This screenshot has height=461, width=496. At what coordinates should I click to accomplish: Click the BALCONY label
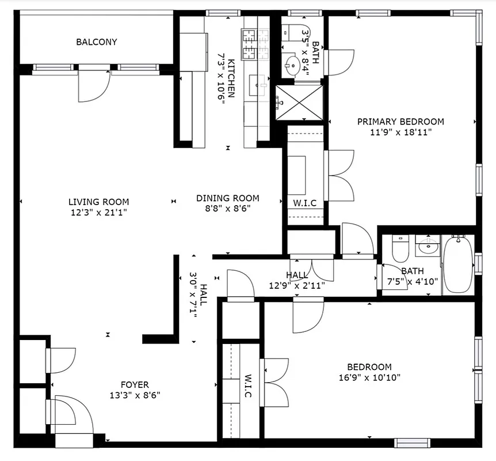97,42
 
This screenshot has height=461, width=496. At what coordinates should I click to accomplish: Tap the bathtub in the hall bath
458,264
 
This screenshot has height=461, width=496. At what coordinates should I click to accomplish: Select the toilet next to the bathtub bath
399,249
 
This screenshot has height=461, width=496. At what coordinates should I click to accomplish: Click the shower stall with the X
299,103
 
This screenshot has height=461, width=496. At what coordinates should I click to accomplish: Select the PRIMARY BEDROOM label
400,122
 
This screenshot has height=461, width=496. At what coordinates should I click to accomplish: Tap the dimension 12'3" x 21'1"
98,212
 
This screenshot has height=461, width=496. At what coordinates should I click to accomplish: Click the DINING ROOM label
227,198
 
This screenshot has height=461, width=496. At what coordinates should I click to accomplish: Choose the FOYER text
135,385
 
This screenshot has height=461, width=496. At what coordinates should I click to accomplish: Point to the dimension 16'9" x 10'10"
369,377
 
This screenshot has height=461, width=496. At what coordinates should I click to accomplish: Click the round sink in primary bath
295,65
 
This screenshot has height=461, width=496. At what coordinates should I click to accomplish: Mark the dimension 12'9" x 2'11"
297,285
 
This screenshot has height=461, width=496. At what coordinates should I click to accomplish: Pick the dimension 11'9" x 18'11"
400,132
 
